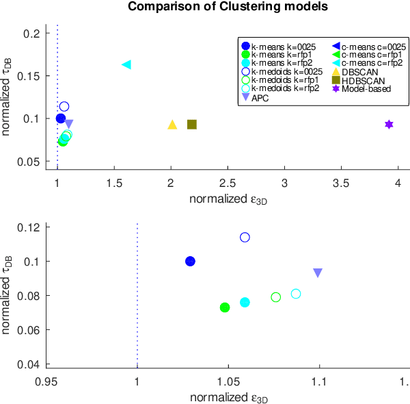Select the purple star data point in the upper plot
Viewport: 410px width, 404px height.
pyautogui.click(x=389, y=124)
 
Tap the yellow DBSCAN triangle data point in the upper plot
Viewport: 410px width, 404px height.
pyautogui.click(x=172, y=125)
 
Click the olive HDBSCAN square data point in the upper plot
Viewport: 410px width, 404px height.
pyautogui.click(x=192, y=124)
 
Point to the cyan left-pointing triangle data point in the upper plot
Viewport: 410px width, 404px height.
pyautogui.click(x=126, y=64)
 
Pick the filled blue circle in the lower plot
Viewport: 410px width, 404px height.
pyautogui.click(x=191, y=261)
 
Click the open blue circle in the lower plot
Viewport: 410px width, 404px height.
pyautogui.click(x=245, y=237)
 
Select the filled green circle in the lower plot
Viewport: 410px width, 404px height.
pyautogui.click(x=225, y=307)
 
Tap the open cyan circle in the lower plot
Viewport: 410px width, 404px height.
pyautogui.click(x=296, y=294)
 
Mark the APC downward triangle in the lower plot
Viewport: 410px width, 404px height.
pyautogui.click(x=318, y=273)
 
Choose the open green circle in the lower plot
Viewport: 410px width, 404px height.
pyautogui.click(x=276, y=297)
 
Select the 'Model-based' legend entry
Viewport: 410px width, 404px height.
pyautogui.click(x=364, y=89)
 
